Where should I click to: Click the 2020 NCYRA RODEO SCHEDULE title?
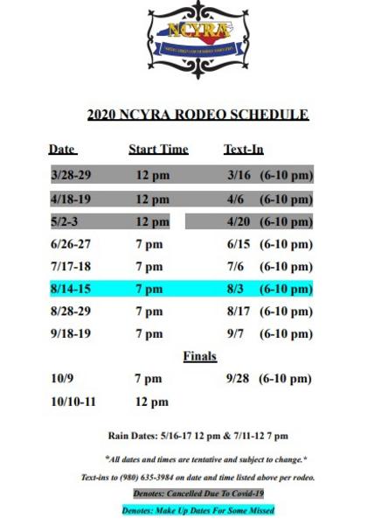point(197,115)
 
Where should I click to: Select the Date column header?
point(63,150)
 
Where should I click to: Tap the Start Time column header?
point(158,150)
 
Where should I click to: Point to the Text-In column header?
point(244,150)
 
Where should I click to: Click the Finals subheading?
point(199,357)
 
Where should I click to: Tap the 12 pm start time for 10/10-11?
point(152,402)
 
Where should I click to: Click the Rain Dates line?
point(197,436)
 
